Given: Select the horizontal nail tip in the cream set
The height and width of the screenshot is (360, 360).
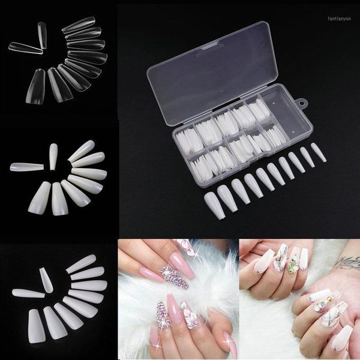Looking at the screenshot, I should (x=26, y=167).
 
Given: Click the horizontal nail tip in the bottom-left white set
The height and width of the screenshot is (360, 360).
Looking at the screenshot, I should (x=28, y=293).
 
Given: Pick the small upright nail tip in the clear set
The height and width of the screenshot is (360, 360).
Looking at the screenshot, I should (x=41, y=35).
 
